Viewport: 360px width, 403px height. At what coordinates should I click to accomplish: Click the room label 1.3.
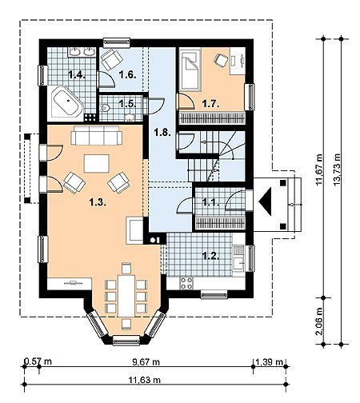click(x=98, y=203)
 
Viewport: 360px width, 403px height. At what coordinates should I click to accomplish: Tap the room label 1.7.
click(x=210, y=104)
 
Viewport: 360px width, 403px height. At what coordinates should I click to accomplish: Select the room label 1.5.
click(x=127, y=103)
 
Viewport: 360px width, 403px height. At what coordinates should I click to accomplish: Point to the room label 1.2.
click(x=210, y=256)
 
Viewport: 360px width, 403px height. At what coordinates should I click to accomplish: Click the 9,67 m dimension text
click(x=146, y=362)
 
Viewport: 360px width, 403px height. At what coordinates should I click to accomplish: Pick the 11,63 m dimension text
click(x=145, y=380)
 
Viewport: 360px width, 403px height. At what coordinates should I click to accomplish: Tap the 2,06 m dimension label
click(x=318, y=321)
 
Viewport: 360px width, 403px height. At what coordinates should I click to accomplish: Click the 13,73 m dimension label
click(x=337, y=170)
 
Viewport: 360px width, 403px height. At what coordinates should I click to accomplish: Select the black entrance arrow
click(x=265, y=201)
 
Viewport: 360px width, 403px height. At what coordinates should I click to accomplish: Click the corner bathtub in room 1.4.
click(x=66, y=102)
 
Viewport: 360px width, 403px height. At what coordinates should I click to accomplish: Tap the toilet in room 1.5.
click(x=105, y=108)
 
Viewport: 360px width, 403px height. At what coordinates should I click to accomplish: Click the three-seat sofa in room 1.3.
click(x=97, y=135)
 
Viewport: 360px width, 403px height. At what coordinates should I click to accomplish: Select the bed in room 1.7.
click(x=190, y=69)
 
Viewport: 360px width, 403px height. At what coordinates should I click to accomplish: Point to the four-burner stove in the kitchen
click(x=186, y=283)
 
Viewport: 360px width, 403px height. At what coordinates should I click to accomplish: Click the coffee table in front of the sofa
click(x=97, y=164)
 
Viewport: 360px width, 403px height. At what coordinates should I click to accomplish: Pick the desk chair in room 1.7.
click(x=222, y=60)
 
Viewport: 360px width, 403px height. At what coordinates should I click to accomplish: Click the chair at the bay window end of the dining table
click(x=126, y=324)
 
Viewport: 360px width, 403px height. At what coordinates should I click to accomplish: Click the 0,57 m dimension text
click(x=38, y=361)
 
